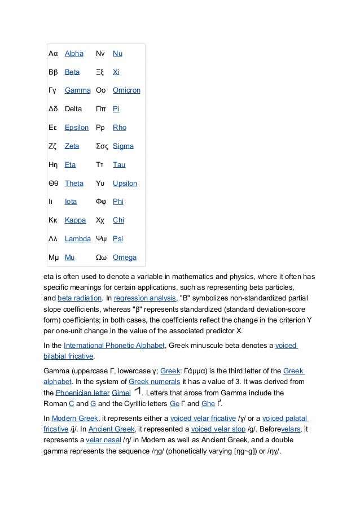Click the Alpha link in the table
pos(74,54)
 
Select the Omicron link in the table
pos(126,90)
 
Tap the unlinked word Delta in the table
pos(73,109)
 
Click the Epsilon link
pos(77,128)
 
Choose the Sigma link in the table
pos(123,146)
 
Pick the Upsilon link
pos(125,183)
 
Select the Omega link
pos(124,258)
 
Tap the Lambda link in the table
pos(78,239)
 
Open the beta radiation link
pos(80,298)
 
